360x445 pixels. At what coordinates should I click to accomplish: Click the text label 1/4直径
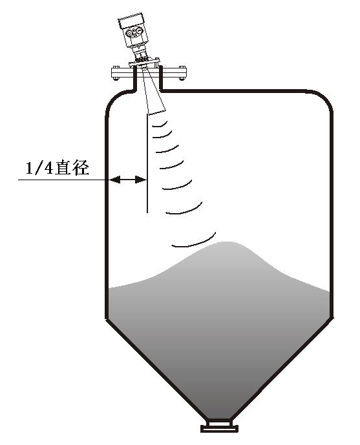(58, 167)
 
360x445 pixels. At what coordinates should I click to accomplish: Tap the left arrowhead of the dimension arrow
(115, 180)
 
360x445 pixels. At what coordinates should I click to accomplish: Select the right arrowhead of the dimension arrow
(140, 180)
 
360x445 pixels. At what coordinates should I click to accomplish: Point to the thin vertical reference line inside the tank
(147, 163)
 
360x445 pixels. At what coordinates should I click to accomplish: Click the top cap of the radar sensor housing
(132, 21)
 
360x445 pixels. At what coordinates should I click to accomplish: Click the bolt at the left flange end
(115, 73)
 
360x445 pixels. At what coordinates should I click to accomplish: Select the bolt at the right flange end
(182, 73)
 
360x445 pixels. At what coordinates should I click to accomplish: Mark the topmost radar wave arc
(161, 124)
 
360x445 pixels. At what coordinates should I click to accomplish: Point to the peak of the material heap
(226, 243)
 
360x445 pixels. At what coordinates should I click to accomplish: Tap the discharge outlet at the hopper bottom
(219, 425)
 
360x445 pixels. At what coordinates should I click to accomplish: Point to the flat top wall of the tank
(233, 91)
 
